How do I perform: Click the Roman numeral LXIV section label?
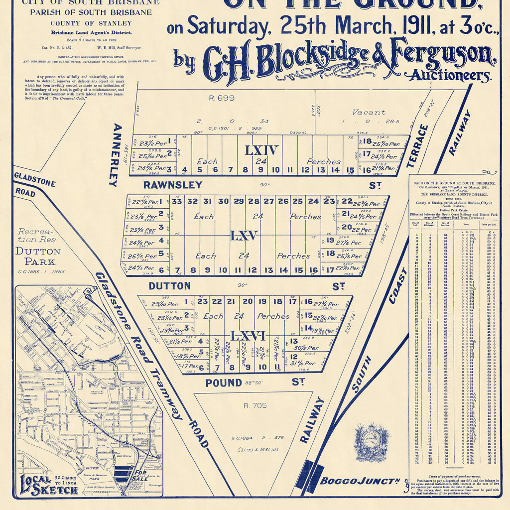tap(261, 150)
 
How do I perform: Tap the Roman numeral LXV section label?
tap(244, 235)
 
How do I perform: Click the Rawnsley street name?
tap(173, 185)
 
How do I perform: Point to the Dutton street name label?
tap(169, 286)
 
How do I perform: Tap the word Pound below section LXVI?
tap(224, 382)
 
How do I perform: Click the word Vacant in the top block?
tap(369, 112)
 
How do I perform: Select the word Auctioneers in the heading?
tap(450, 76)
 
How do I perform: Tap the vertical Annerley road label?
tap(114, 154)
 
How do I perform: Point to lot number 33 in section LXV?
tap(177, 201)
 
